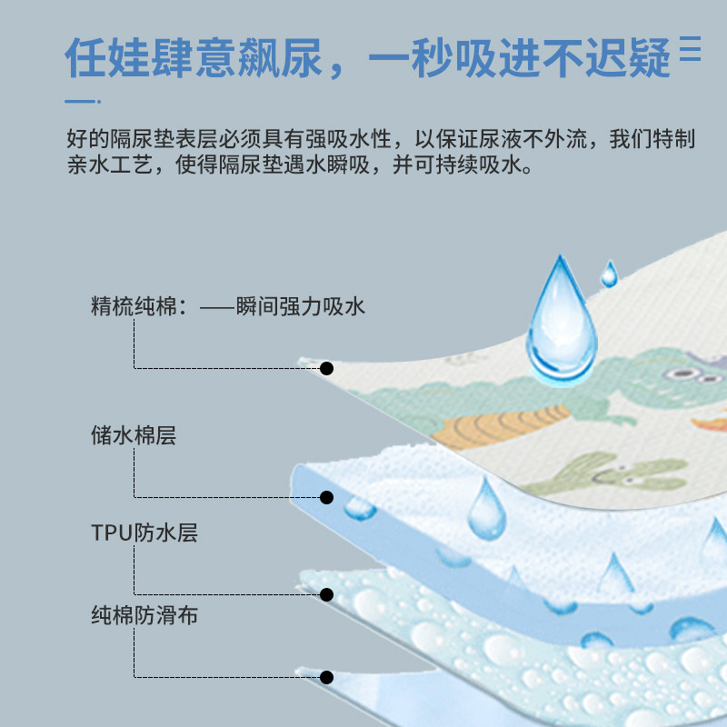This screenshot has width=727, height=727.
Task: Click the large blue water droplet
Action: click(x=562, y=320)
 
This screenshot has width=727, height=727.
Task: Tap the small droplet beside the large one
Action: click(x=609, y=274)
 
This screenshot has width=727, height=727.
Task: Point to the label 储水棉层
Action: click(x=134, y=435)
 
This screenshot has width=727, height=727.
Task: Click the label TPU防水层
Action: click(x=144, y=533)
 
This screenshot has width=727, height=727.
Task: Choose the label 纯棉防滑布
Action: click(x=144, y=616)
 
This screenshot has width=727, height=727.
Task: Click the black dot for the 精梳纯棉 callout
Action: click(x=327, y=368)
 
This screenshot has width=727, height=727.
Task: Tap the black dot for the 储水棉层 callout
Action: click(x=327, y=497)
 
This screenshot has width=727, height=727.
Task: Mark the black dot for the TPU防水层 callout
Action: click(x=327, y=594)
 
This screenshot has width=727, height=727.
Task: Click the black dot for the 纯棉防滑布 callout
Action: click(x=327, y=677)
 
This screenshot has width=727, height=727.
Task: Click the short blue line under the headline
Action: click(x=83, y=100)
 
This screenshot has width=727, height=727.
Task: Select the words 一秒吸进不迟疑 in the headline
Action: click(x=522, y=57)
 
